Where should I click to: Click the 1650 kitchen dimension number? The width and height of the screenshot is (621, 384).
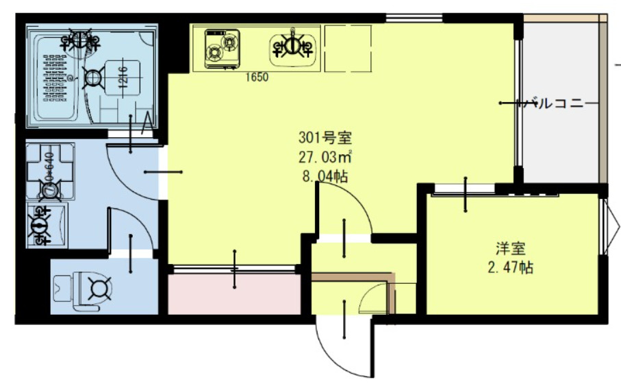click(x=257, y=77)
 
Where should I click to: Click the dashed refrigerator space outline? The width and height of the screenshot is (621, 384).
click(x=348, y=48)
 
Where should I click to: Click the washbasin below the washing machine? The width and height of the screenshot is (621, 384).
click(x=47, y=224)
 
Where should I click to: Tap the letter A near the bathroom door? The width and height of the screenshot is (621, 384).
click(x=145, y=124)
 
